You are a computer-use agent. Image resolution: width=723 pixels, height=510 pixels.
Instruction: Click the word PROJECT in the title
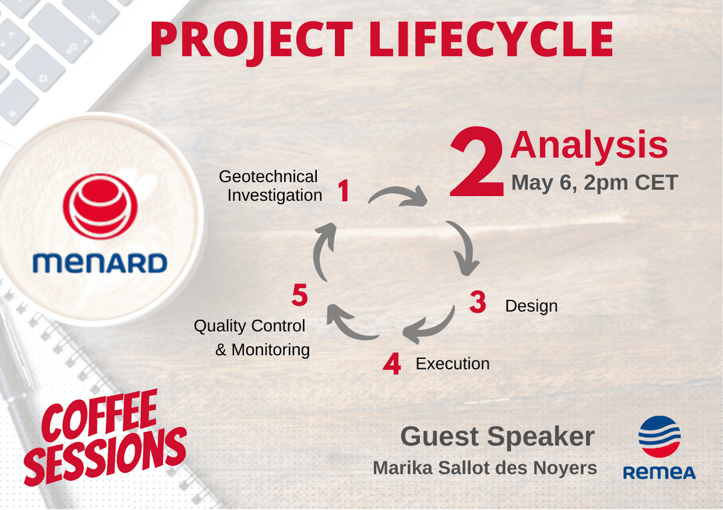point(252,40)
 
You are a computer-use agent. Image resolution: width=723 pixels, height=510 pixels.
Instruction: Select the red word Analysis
point(589,145)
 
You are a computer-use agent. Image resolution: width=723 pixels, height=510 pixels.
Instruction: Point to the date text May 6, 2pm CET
point(595,183)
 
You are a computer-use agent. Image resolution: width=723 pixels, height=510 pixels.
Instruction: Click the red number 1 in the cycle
point(344,191)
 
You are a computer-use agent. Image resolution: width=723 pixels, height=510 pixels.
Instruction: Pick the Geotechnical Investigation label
point(271,186)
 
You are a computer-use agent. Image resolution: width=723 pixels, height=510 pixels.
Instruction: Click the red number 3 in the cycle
point(478,302)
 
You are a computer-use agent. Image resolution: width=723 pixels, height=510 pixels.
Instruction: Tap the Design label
point(531,306)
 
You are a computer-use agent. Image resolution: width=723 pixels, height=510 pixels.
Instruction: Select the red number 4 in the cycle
point(392,364)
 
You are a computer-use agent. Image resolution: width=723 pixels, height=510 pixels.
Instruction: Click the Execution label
point(452,364)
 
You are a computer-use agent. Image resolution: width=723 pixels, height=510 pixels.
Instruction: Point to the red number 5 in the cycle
point(299,295)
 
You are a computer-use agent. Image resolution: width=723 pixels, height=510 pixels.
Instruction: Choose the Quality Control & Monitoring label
point(252,338)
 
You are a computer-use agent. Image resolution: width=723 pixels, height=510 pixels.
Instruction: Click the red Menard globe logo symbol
point(100,207)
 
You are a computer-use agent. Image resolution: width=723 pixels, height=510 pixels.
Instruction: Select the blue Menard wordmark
point(100,263)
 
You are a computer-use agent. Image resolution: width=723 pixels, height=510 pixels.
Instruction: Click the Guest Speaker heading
point(497,437)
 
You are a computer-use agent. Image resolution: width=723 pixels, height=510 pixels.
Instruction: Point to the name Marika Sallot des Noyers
point(485,468)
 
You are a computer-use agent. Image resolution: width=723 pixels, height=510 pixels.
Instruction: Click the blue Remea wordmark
point(659,473)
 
